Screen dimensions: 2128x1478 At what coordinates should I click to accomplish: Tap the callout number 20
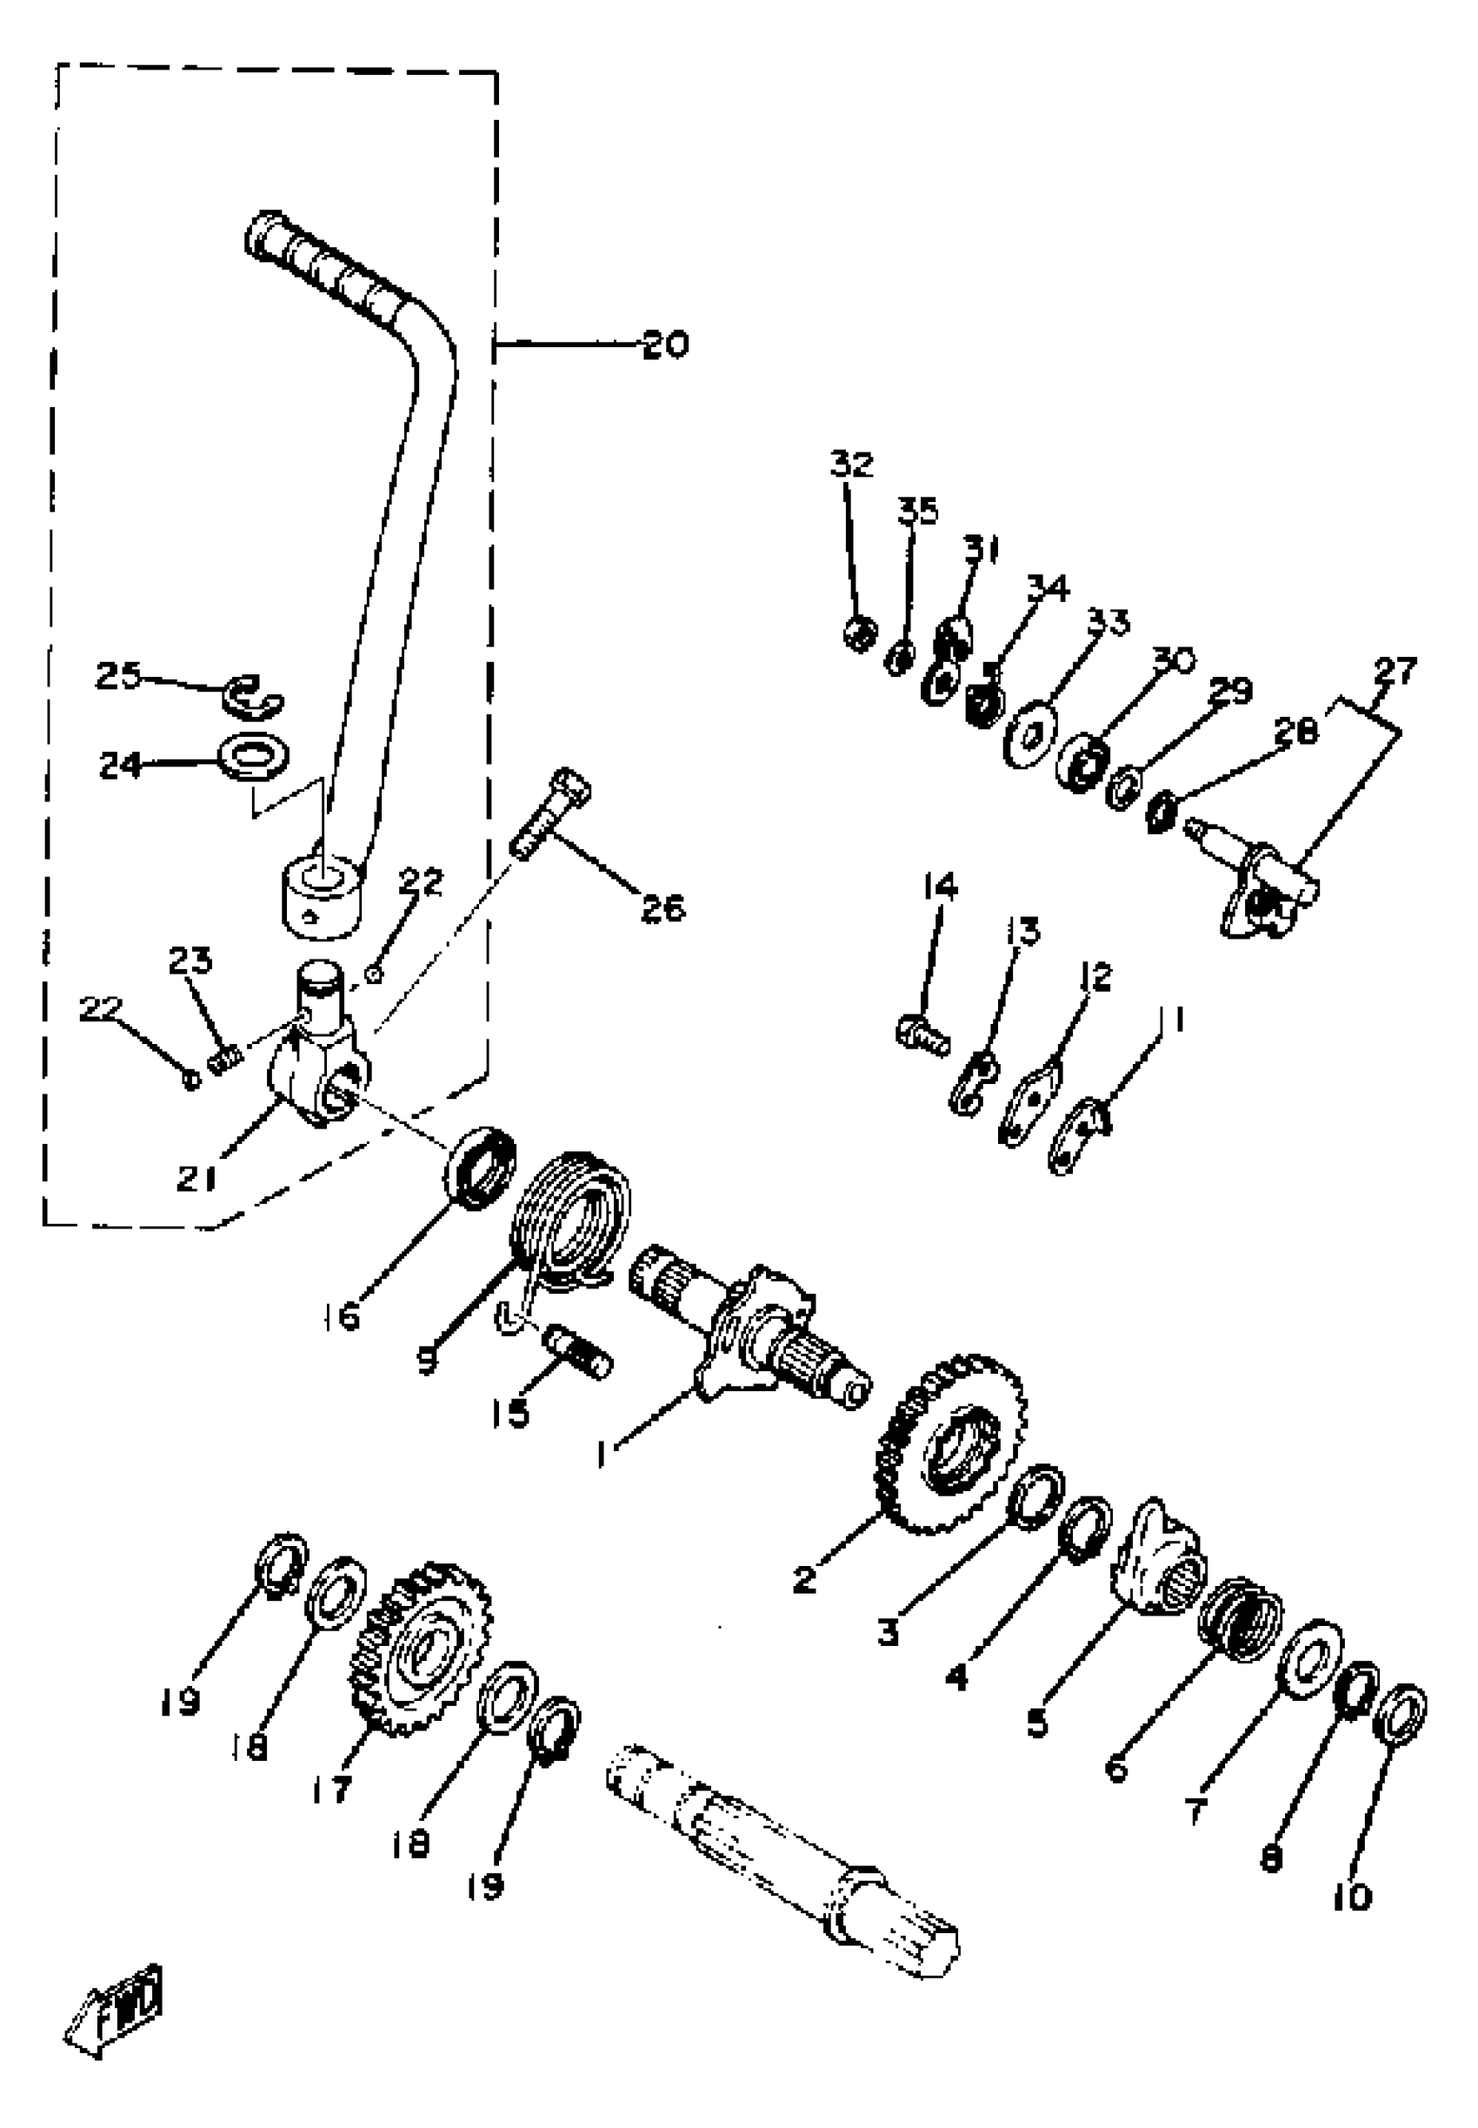(665, 345)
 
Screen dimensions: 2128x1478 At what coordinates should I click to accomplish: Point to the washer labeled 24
(252, 755)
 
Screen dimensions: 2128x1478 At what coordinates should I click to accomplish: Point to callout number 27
(1395, 670)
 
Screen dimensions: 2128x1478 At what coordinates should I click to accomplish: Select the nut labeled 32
(861, 634)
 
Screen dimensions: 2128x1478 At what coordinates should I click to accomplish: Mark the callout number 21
(196, 1179)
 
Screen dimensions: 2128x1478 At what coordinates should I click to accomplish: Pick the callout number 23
(190, 960)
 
